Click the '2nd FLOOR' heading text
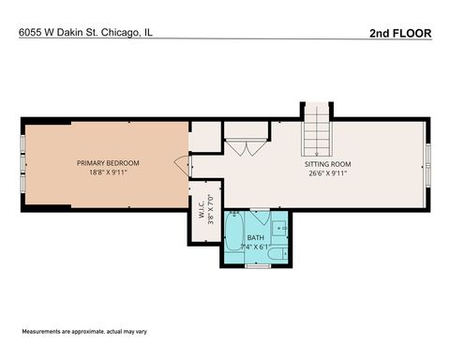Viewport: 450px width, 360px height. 400,33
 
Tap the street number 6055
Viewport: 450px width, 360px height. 31,33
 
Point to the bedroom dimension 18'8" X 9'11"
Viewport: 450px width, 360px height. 106,172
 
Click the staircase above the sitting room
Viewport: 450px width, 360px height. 317,131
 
